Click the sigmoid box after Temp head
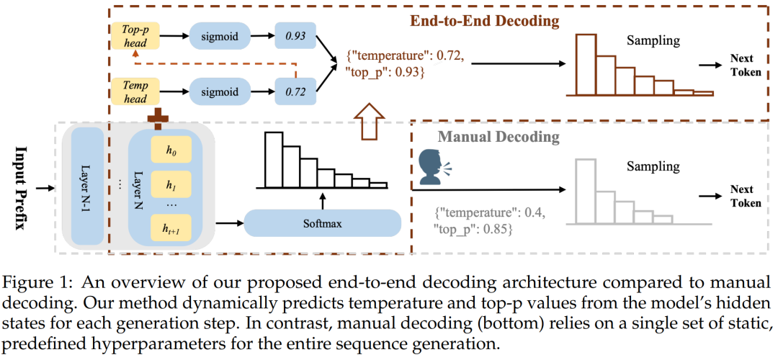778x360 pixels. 218,91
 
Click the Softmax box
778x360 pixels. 322,223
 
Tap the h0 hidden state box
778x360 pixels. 170,152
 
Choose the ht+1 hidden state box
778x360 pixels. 170,228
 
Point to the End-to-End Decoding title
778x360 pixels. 483,20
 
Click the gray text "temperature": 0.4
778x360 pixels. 490,214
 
